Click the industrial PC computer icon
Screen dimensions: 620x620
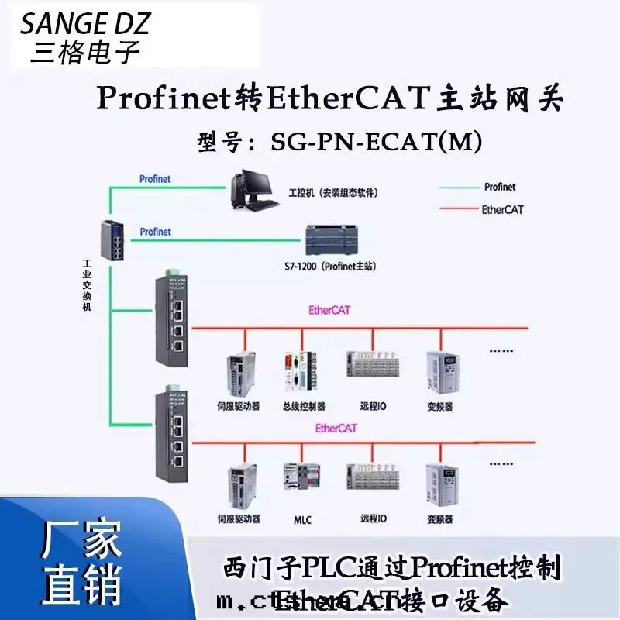point(253,191)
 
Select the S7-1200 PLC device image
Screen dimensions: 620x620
point(333,239)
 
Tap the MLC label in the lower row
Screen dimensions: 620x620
point(303,519)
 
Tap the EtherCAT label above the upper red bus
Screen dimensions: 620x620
point(329,310)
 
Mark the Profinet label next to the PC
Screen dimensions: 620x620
point(155,179)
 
